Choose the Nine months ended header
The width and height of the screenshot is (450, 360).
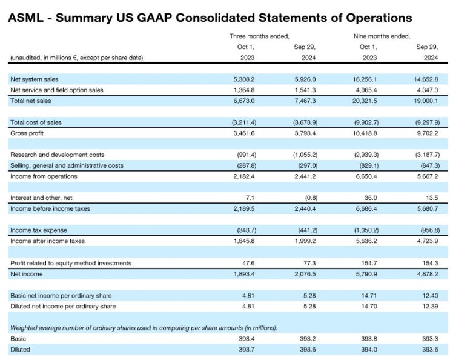point(382,36)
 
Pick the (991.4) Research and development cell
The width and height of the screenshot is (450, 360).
point(244,155)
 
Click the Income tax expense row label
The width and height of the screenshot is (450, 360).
point(39,230)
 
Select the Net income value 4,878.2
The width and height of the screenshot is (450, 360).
point(425,273)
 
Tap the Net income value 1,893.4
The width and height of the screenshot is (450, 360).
point(242,273)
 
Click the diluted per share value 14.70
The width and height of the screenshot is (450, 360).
point(368,306)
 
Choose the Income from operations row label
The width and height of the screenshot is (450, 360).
point(44,176)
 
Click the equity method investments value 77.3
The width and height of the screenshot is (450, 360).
point(309,263)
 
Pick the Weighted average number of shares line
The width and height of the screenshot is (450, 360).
point(144,328)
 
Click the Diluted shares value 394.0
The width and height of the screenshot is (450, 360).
point(368,349)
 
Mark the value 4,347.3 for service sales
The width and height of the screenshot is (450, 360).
point(425,90)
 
